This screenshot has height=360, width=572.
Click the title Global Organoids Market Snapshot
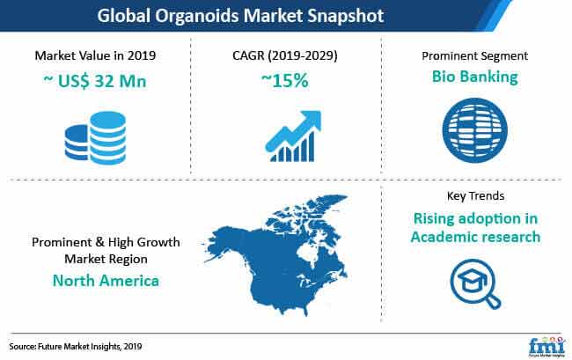click(240, 16)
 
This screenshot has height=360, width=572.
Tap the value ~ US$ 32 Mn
click(95, 81)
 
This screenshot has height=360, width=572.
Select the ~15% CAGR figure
click(285, 80)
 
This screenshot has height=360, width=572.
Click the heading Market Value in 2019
click(95, 55)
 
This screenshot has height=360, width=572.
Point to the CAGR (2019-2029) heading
click(285, 55)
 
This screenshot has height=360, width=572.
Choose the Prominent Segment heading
click(474, 55)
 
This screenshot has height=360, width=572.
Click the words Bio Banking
click(474, 77)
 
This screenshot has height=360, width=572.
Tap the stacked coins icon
click(95, 138)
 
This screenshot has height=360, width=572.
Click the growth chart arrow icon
click(293, 136)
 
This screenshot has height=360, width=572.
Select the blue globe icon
click(474, 130)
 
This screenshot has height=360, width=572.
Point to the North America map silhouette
click(277, 255)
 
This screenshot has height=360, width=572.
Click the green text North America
click(106, 281)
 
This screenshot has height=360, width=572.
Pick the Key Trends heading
click(476, 196)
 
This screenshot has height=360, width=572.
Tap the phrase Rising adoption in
click(476, 218)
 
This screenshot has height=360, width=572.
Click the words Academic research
click(476, 237)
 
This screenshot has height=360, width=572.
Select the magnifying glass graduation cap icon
click(474, 283)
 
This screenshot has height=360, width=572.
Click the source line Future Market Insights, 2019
click(76, 346)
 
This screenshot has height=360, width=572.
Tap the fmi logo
click(546, 346)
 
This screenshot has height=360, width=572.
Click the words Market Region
click(106, 259)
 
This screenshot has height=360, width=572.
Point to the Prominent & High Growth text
click(106, 242)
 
